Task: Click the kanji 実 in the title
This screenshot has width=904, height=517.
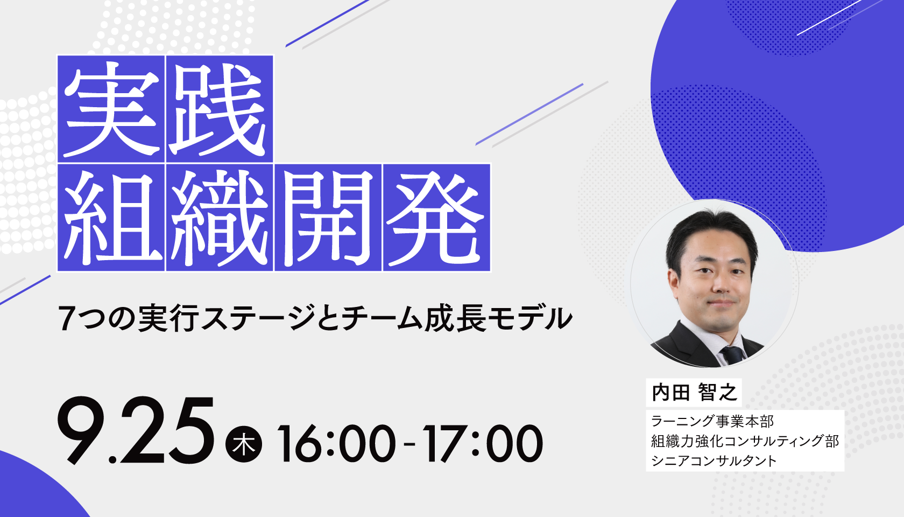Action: tap(111, 109)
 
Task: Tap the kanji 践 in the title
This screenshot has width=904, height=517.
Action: tap(220, 109)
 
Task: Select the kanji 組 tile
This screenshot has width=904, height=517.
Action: tap(111, 218)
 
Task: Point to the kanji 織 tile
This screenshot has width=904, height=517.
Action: tap(220, 218)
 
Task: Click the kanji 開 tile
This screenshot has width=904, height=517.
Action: tap(328, 218)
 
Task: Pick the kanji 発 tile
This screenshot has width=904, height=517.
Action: tap(437, 218)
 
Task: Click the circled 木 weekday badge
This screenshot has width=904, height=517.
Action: tap(243, 444)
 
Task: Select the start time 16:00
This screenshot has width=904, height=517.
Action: tap(336, 444)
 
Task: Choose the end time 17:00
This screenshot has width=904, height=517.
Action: tap(482, 444)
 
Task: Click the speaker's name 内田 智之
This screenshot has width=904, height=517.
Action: tap(694, 392)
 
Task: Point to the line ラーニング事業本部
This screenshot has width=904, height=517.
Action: tap(712, 421)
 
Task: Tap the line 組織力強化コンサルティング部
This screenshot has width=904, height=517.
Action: tap(745, 441)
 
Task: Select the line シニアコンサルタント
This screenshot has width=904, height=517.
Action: tap(714, 460)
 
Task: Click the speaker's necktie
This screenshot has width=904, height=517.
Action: tap(733, 356)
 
